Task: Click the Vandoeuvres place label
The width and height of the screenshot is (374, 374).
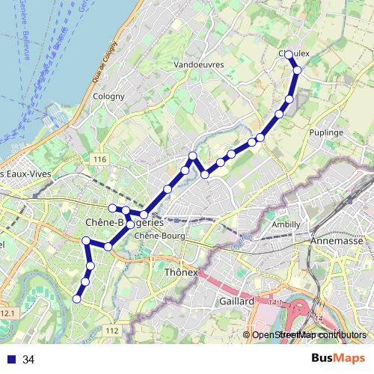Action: (199, 65)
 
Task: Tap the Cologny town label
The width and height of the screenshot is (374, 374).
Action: (102, 96)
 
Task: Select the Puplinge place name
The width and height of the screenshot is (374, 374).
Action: (325, 132)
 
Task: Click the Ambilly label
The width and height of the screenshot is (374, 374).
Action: (286, 224)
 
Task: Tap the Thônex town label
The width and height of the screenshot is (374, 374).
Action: (180, 272)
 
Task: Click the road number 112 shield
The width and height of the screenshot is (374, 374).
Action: (112, 330)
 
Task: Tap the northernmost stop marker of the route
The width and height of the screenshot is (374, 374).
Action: (289, 55)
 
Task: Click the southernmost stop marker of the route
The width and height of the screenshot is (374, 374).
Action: (76, 299)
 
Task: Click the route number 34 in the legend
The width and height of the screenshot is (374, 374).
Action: (28, 360)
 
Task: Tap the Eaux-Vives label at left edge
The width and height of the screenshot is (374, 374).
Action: (23, 174)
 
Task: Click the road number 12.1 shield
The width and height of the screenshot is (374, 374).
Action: (7, 312)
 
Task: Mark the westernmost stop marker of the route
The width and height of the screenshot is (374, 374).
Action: (76, 299)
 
